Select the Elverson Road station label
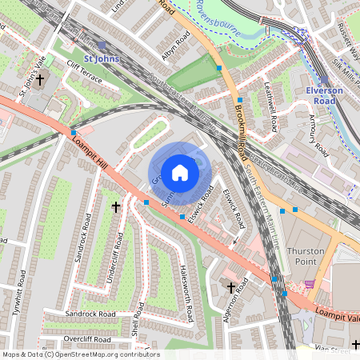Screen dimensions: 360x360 [x=324, y=96]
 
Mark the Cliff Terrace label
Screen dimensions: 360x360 [x=86, y=67]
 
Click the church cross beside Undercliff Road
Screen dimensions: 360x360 [x=114, y=207]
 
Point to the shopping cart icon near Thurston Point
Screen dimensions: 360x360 [x=310, y=284]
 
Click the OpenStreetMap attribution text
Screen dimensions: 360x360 [x=80, y=354]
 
